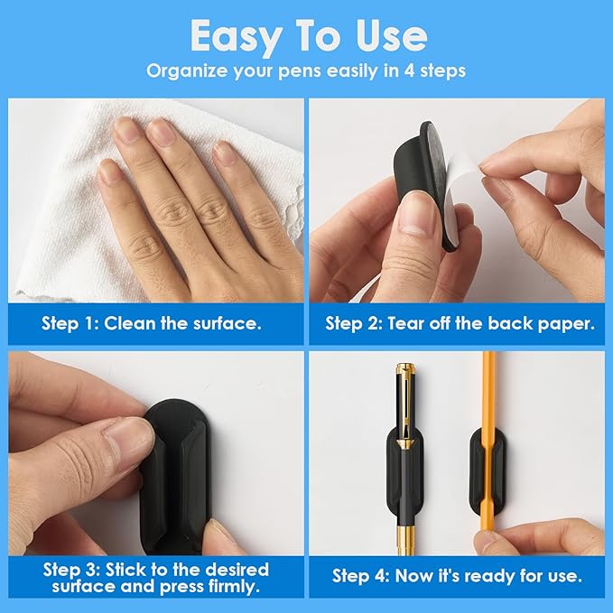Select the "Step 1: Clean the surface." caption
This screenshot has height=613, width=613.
point(152,323)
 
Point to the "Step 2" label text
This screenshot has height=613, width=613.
point(353,323)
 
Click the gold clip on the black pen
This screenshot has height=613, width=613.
point(403,406)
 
